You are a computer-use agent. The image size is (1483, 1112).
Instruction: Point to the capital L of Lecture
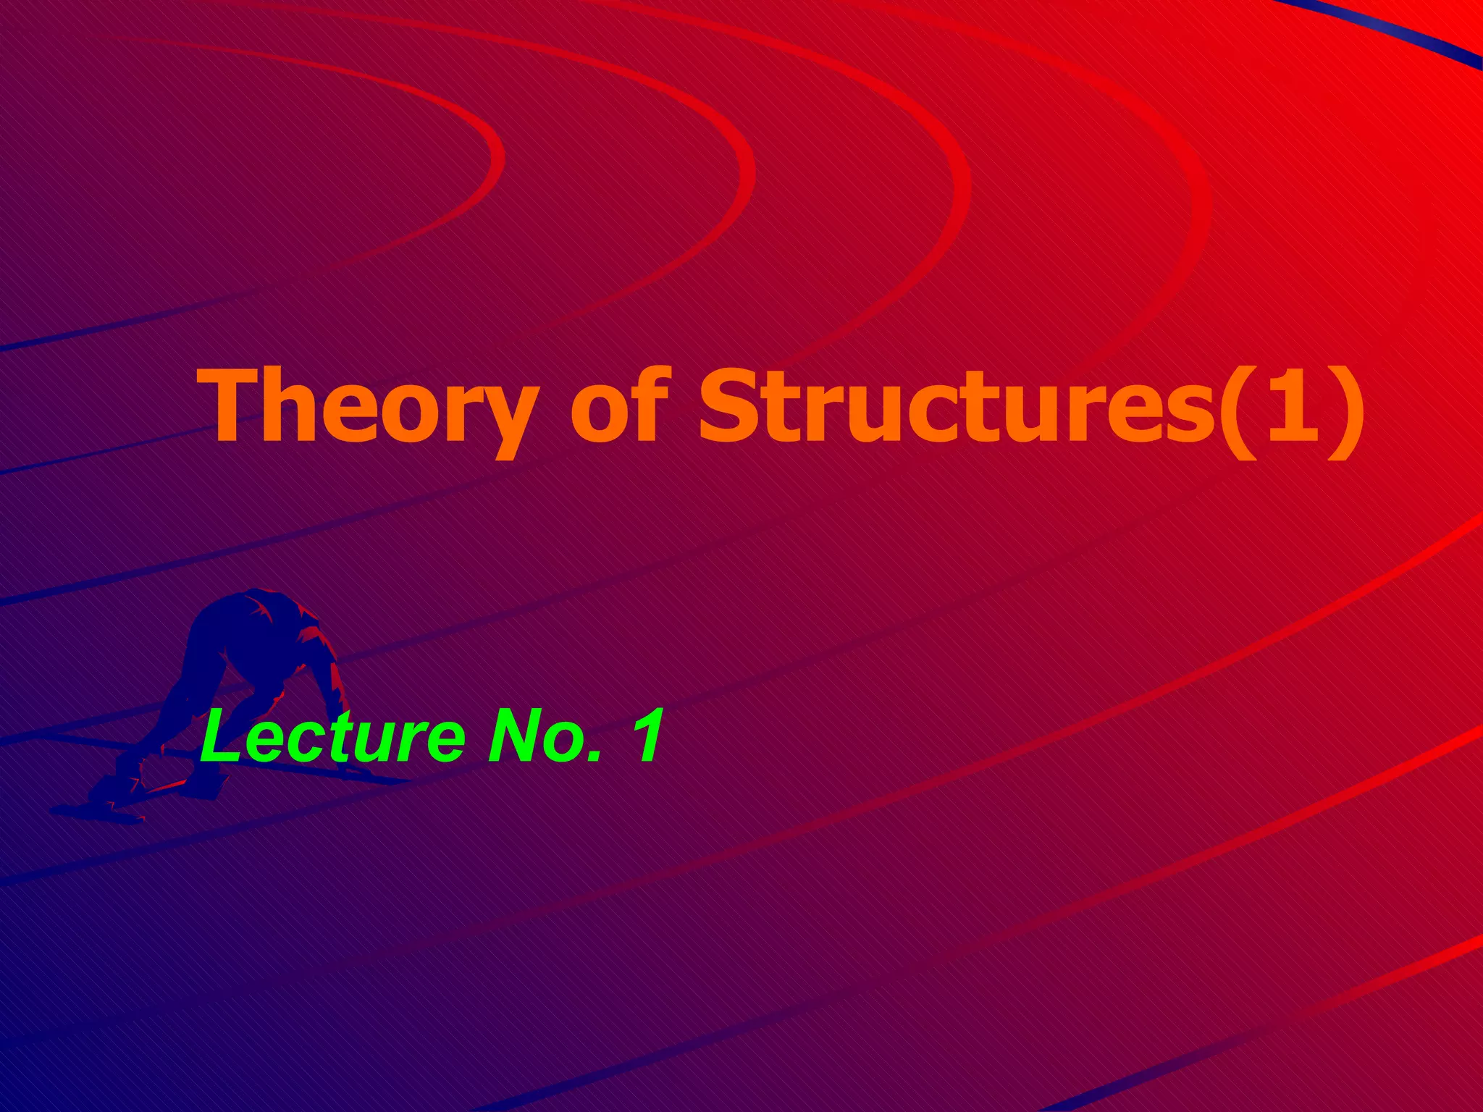(x=221, y=737)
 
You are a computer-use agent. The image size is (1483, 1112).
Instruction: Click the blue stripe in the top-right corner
(x=1419, y=36)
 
